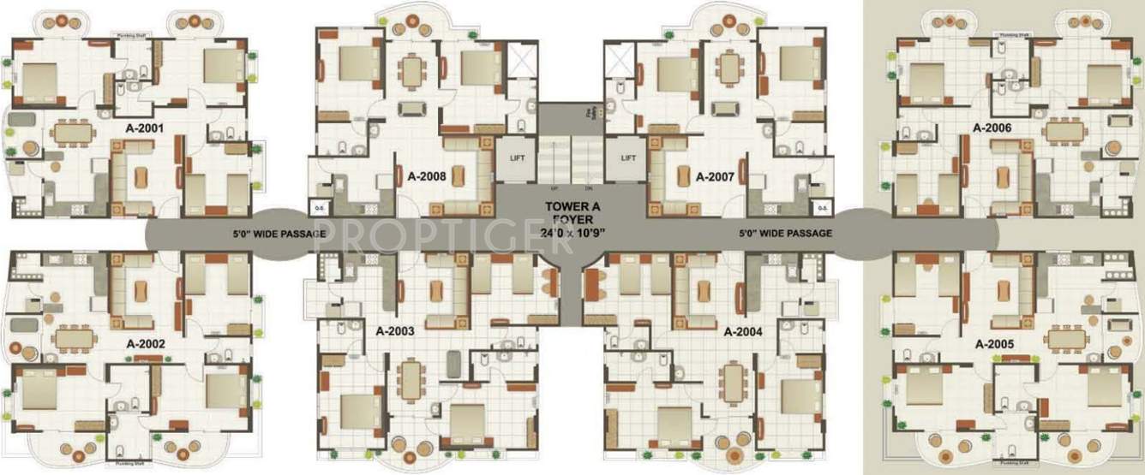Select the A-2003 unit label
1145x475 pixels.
pos(394,330)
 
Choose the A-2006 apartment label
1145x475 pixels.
pos(992,128)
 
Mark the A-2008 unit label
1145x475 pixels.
pos(425,178)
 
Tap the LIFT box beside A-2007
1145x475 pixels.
pos(628,158)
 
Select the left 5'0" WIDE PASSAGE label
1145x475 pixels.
pos(279,233)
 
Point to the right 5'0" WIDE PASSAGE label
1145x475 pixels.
pos(786,233)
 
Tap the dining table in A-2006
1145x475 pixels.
pos(1066,130)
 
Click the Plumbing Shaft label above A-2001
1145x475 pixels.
pos(135,36)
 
